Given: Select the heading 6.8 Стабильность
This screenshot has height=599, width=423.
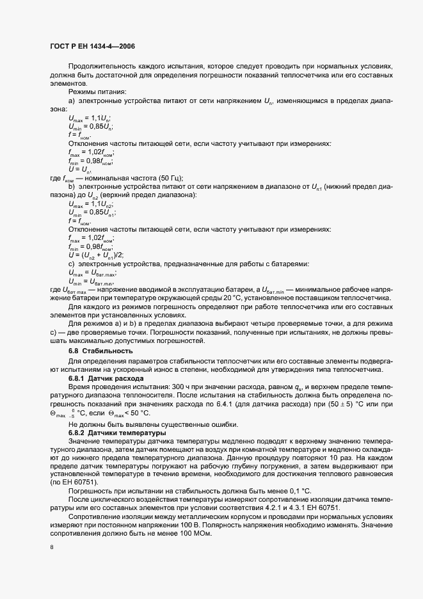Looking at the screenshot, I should pos(92,351).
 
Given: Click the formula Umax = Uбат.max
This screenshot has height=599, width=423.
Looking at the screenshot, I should pos(92,273).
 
